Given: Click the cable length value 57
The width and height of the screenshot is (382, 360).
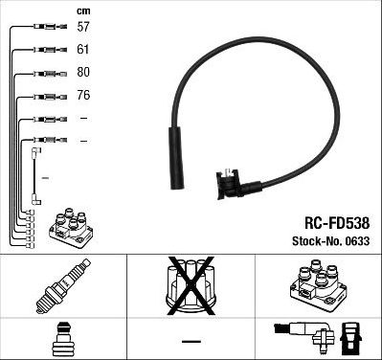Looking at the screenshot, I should [x=84, y=27].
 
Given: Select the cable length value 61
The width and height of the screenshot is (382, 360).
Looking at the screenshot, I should [x=84, y=49].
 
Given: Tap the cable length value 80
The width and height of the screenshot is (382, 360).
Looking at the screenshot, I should [x=84, y=72].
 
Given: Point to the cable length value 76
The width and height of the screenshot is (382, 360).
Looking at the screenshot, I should [x=84, y=95].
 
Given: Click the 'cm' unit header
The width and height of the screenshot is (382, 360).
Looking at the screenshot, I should [x=83, y=11].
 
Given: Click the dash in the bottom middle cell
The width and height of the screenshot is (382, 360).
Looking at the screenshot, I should [x=191, y=341].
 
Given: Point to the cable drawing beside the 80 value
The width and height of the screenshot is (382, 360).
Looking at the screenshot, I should [x=44, y=73].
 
